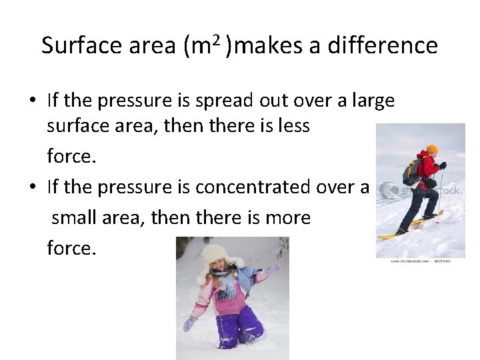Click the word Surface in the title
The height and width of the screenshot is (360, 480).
click(x=73, y=46)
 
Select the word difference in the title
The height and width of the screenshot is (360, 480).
click(x=381, y=46)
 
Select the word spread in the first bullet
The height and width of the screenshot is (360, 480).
click(x=218, y=101)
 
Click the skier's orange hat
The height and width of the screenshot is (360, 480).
click(x=432, y=149)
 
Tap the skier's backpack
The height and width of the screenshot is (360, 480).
click(x=411, y=172)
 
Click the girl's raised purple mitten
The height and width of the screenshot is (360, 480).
click(x=273, y=270)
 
